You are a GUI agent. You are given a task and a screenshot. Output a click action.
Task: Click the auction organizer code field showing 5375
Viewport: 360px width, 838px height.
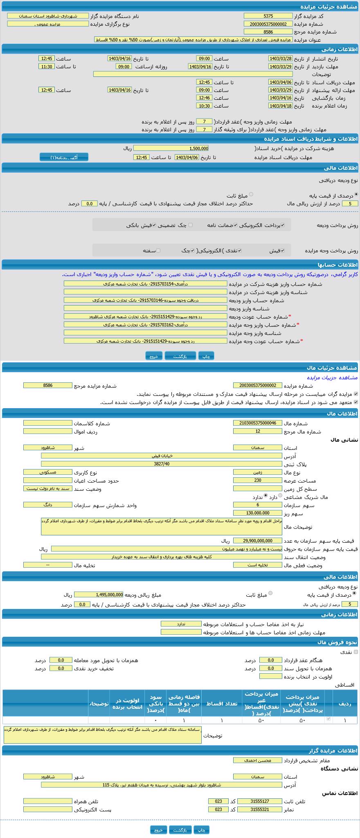click(268, 16)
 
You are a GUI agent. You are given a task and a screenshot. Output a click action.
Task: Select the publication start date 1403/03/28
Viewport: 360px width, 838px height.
click(280, 58)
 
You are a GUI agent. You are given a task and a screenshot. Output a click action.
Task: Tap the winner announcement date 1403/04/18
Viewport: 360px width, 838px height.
click(280, 106)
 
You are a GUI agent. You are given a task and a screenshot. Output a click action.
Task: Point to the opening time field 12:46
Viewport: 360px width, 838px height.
click(204, 98)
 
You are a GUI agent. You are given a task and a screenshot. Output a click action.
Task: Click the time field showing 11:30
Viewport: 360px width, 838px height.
click(46, 66)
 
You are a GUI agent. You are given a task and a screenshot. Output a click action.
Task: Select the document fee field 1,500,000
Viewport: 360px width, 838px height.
click(171, 148)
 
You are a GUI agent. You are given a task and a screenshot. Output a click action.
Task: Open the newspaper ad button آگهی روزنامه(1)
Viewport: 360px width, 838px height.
click(64, 157)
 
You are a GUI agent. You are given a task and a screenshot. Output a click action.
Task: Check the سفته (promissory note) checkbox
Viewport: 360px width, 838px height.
click(158, 250)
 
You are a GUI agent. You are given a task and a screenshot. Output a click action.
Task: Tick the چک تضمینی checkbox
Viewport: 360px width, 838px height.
click(190, 225)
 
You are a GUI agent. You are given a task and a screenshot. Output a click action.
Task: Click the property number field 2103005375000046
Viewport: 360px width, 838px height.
click(257, 423)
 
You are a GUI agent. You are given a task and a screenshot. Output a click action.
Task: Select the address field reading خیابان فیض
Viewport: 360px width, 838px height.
click(162, 456)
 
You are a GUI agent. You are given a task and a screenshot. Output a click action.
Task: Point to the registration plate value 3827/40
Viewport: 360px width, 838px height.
click(162, 464)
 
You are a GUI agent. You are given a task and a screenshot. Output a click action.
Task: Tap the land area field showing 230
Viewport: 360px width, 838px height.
click(257, 480)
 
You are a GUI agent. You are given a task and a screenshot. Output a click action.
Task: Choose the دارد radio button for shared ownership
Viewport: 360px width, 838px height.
click(280, 496)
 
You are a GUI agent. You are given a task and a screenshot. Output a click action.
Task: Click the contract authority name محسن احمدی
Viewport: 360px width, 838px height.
click(257, 760)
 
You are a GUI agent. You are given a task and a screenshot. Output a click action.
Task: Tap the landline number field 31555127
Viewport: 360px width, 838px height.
click(259, 801)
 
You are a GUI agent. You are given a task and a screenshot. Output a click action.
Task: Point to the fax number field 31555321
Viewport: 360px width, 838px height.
click(259, 809)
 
